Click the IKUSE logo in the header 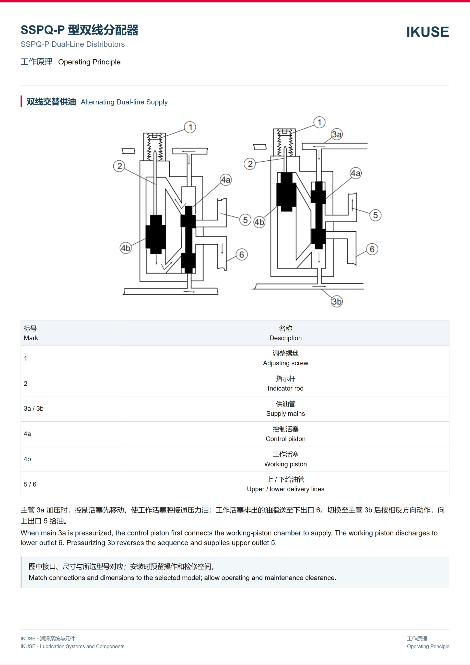(x=427, y=32)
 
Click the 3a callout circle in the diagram (x=337, y=134)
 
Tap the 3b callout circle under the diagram (x=337, y=301)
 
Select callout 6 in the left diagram (x=242, y=255)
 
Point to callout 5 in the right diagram (x=375, y=215)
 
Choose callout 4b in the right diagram (x=259, y=222)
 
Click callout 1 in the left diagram (x=190, y=127)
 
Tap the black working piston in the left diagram (x=156, y=234)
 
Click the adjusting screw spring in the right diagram (x=285, y=143)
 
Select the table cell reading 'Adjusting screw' (x=285, y=358)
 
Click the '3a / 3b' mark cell (x=71, y=409)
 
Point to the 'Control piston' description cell (x=285, y=434)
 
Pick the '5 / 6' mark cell (x=71, y=484)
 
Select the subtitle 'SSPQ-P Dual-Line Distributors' (x=73, y=44)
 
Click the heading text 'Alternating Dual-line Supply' (x=124, y=102)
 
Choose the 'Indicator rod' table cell (x=285, y=383)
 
